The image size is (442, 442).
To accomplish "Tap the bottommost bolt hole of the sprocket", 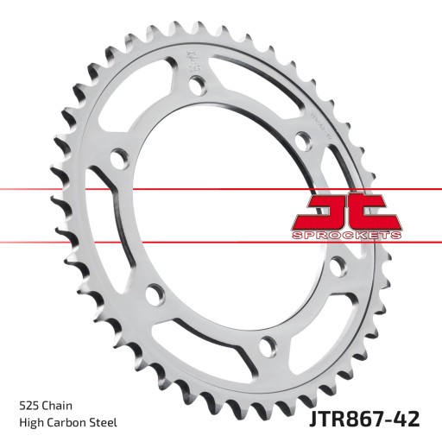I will coord(268,348).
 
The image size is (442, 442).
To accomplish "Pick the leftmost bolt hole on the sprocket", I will coord(119,159).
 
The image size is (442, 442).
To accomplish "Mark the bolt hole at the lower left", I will coord(153,292).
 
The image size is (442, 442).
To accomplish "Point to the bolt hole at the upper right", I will coord(301,140).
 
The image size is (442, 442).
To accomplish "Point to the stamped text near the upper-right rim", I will coord(318,121).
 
